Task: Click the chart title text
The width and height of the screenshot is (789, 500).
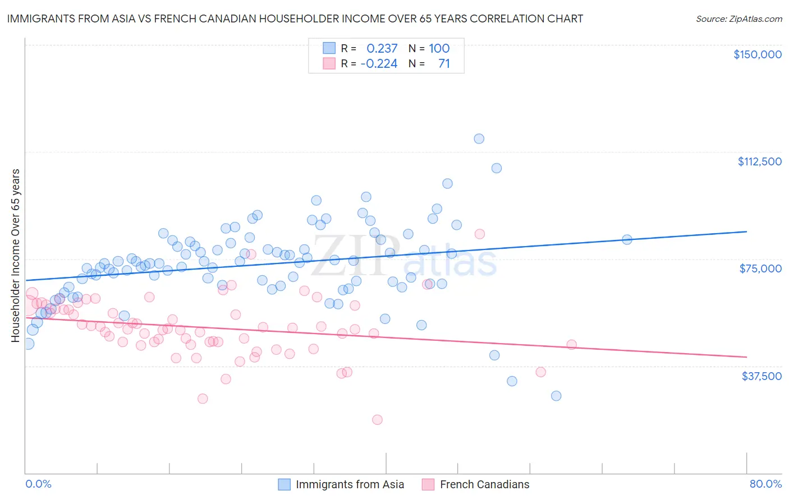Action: click(295, 18)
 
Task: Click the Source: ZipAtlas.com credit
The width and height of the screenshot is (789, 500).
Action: click(738, 18)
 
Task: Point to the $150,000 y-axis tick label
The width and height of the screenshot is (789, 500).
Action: click(757, 54)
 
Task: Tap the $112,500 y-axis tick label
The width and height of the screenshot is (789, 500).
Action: click(759, 161)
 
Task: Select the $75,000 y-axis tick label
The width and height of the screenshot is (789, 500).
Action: click(760, 268)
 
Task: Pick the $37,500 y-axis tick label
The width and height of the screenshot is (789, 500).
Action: click(761, 376)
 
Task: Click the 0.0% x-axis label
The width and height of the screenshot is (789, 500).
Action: click(39, 484)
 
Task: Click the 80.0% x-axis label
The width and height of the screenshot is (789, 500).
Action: click(765, 484)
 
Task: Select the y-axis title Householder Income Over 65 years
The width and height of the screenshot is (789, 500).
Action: click(16, 255)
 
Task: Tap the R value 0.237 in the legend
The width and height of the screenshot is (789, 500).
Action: click(382, 48)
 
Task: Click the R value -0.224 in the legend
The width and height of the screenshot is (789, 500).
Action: click(379, 63)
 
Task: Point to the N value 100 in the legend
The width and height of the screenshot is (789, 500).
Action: click(439, 48)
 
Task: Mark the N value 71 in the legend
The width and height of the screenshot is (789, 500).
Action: click(444, 63)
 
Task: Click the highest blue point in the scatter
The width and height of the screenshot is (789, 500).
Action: click(479, 138)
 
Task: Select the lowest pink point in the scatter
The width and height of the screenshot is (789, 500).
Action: click(377, 420)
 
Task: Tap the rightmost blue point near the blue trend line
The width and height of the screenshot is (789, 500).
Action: click(627, 240)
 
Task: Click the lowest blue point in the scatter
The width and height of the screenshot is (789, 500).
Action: click(556, 396)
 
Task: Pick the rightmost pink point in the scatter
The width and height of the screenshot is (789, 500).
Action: click(571, 345)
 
